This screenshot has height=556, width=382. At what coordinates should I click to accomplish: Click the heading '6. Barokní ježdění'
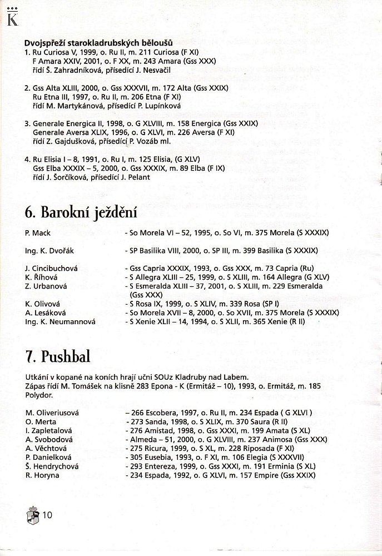(81, 214)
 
